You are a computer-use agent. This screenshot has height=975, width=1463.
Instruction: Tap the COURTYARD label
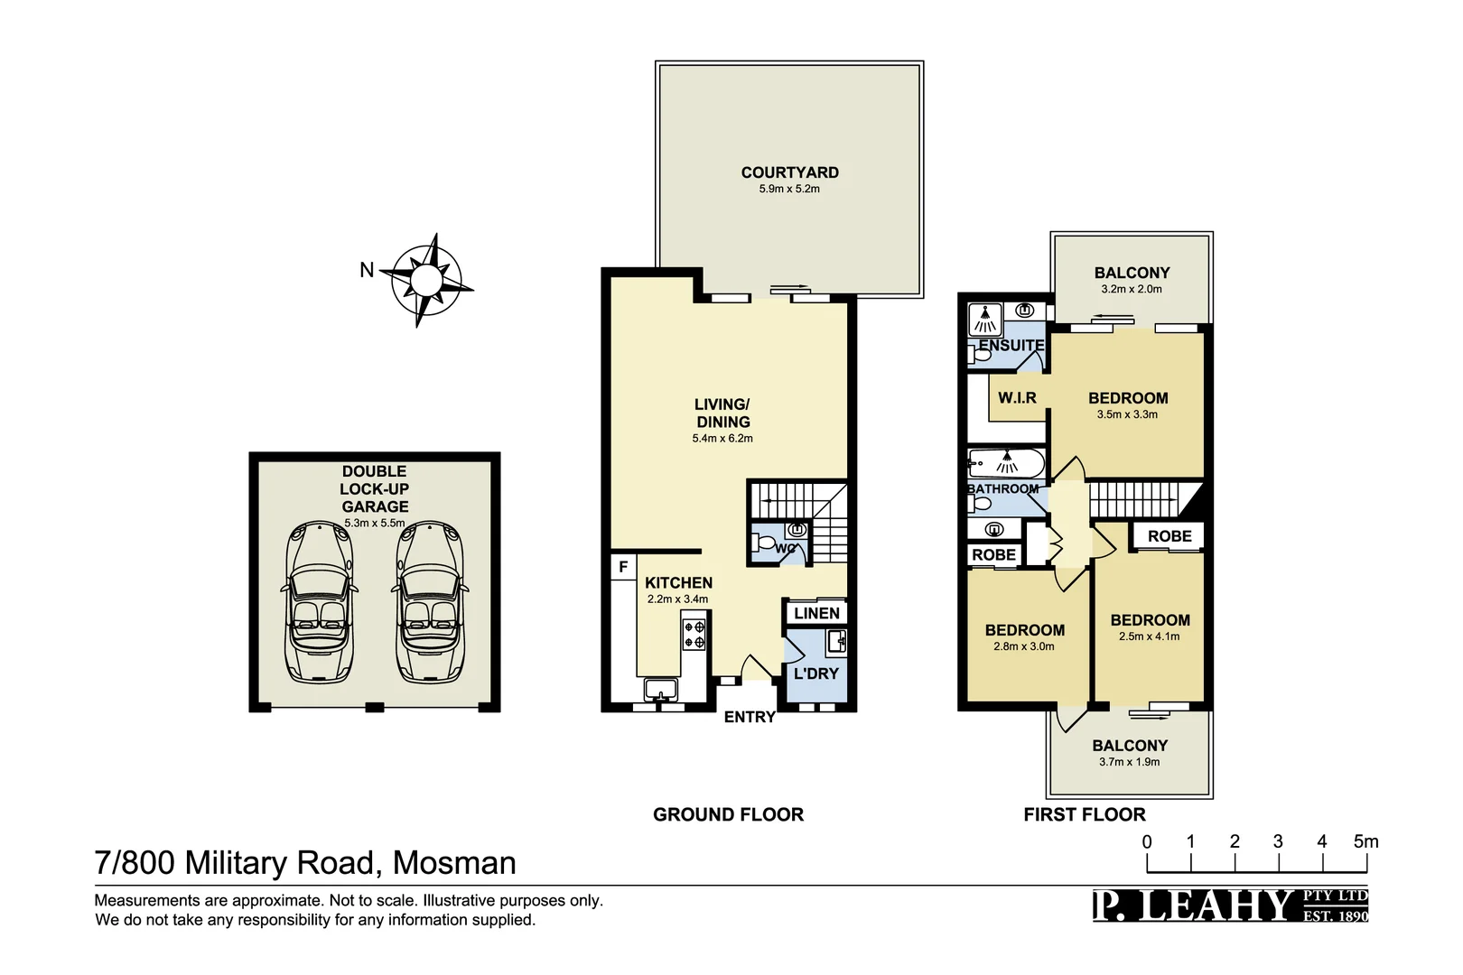click(789, 172)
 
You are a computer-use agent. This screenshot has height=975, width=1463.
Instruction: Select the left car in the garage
click(320, 601)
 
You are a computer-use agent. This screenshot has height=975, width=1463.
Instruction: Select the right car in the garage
click(430, 601)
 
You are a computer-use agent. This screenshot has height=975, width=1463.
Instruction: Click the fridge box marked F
click(623, 567)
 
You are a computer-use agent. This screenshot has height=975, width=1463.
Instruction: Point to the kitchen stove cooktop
click(694, 634)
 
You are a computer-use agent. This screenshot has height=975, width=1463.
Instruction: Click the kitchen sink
click(661, 691)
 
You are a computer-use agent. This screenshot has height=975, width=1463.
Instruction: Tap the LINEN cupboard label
click(816, 613)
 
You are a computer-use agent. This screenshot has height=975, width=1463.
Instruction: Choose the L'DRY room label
click(815, 673)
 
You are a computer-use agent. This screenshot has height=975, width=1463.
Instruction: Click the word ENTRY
click(750, 717)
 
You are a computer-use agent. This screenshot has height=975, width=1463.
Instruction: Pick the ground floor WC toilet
click(766, 544)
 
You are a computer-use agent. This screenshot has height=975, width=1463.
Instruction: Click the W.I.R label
click(1017, 398)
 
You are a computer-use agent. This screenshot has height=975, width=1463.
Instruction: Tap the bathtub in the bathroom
click(1006, 464)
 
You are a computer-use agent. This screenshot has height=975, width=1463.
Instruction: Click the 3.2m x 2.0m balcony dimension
click(1132, 289)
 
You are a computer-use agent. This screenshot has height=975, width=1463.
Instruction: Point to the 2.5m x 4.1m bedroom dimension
click(1149, 636)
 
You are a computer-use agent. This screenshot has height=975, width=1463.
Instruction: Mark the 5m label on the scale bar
click(1365, 841)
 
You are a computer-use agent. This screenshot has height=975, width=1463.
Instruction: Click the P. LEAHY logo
click(1230, 905)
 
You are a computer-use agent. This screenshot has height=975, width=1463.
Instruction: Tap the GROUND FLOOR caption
click(728, 814)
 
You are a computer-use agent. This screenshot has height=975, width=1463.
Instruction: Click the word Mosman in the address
click(454, 863)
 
